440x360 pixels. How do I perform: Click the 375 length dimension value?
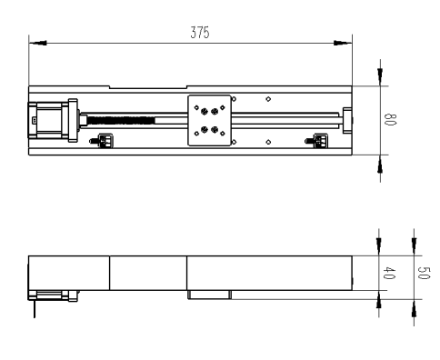[x=200, y=33]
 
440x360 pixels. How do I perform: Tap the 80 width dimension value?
[x=390, y=119]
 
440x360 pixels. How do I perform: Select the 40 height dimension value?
[x=389, y=273]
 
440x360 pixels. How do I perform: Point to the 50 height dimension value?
[x=424, y=273]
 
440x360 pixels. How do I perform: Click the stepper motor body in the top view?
[x=49, y=120]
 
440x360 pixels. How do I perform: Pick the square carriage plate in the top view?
[x=209, y=120]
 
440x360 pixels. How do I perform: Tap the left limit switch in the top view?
[x=102, y=141]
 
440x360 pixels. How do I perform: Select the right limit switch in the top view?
[x=316, y=141]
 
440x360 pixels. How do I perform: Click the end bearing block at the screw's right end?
[x=347, y=120]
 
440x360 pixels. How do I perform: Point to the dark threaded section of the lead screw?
[x=121, y=121]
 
